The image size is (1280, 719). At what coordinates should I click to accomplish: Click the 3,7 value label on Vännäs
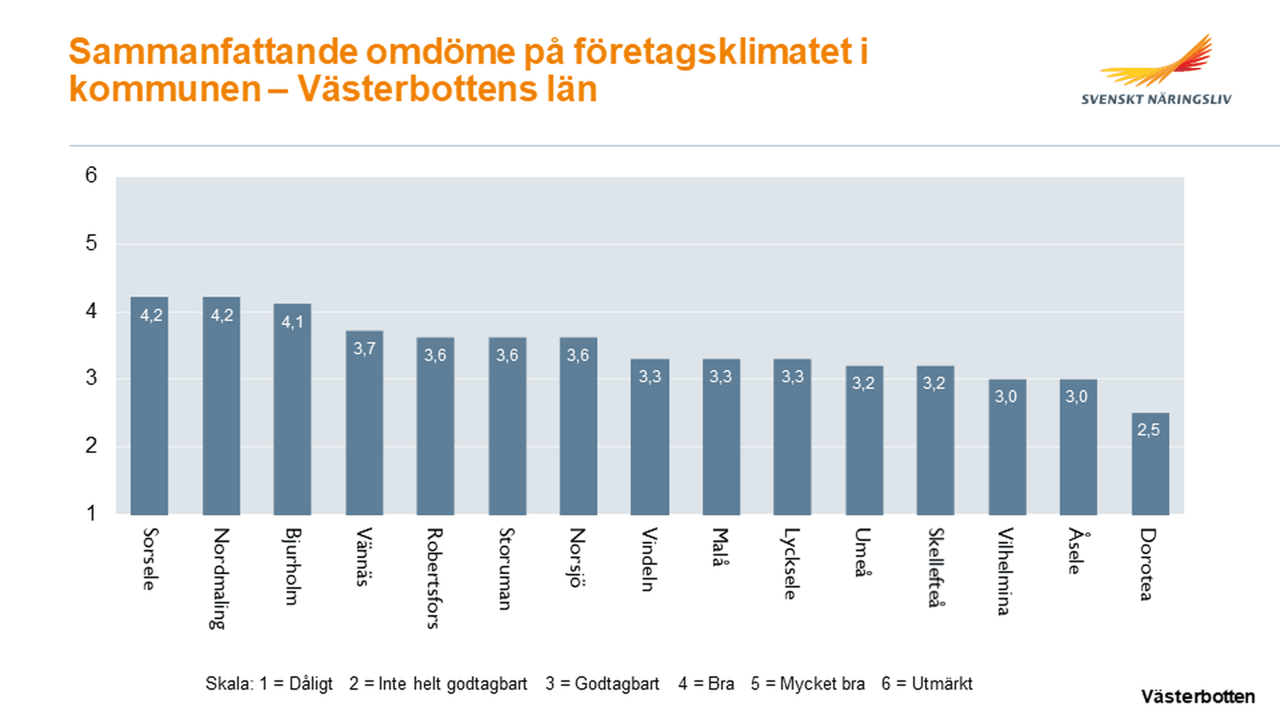click(x=364, y=349)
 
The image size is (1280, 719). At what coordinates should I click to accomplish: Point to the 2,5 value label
click(x=1148, y=430)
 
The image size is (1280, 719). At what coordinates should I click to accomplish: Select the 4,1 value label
click(x=292, y=323)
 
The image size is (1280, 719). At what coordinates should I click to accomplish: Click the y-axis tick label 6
click(x=91, y=175)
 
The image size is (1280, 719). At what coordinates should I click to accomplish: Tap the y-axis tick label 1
click(x=91, y=513)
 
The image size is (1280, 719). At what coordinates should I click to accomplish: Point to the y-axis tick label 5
click(x=91, y=243)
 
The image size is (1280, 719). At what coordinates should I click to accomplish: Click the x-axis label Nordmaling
click(x=220, y=578)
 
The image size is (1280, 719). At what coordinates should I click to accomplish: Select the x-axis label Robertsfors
click(x=435, y=578)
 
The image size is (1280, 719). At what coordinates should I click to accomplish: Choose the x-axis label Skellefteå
click(x=935, y=568)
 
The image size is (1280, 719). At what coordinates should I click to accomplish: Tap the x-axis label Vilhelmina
click(x=1006, y=571)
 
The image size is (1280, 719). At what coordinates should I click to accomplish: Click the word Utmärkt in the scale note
click(x=941, y=684)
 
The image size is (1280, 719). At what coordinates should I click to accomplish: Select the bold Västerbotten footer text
click(x=1197, y=697)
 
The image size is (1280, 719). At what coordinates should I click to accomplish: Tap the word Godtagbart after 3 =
click(x=617, y=684)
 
